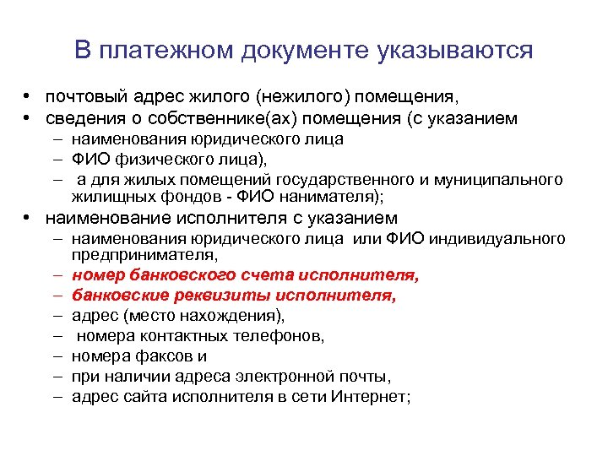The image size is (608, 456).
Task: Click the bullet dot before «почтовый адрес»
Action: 28,97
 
